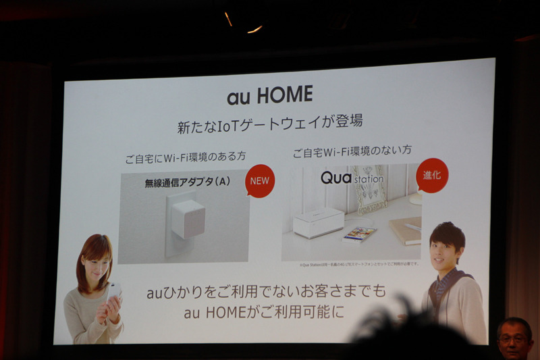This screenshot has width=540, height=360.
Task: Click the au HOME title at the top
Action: tap(269, 95)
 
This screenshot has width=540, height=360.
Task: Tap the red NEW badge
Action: tap(260, 180)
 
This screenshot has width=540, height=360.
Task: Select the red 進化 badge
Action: tap(432, 175)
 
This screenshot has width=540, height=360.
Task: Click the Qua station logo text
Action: tap(352, 178)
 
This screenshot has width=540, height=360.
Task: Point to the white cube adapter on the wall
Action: tap(187, 218)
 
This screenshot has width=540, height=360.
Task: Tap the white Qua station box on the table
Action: tap(318, 222)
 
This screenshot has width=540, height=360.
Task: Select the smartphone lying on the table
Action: tap(359, 234)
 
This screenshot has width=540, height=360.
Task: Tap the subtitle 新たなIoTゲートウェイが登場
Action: tap(270, 124)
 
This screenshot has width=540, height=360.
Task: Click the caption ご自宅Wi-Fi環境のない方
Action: tap(351, 152)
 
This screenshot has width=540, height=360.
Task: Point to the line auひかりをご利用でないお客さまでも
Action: tap(267, 292)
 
